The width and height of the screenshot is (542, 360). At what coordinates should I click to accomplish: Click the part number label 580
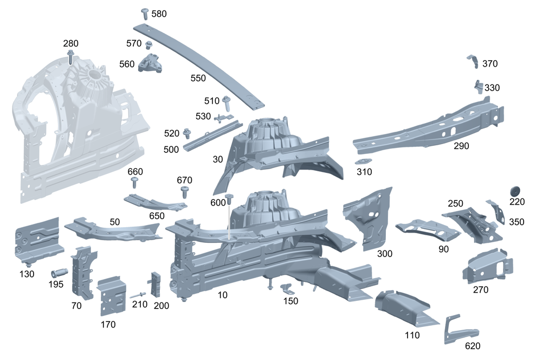159,14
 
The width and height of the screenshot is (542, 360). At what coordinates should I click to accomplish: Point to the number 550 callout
198,78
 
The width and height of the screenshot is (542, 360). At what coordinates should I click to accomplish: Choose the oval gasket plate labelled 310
363,162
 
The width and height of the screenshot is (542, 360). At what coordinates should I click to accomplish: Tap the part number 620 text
473,346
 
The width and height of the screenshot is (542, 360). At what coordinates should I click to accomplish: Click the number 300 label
384,254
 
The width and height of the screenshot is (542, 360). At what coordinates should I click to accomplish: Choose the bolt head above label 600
229,199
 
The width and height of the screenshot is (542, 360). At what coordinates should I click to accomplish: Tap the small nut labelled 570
149,44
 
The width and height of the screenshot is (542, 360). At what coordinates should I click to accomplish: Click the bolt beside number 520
188,132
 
